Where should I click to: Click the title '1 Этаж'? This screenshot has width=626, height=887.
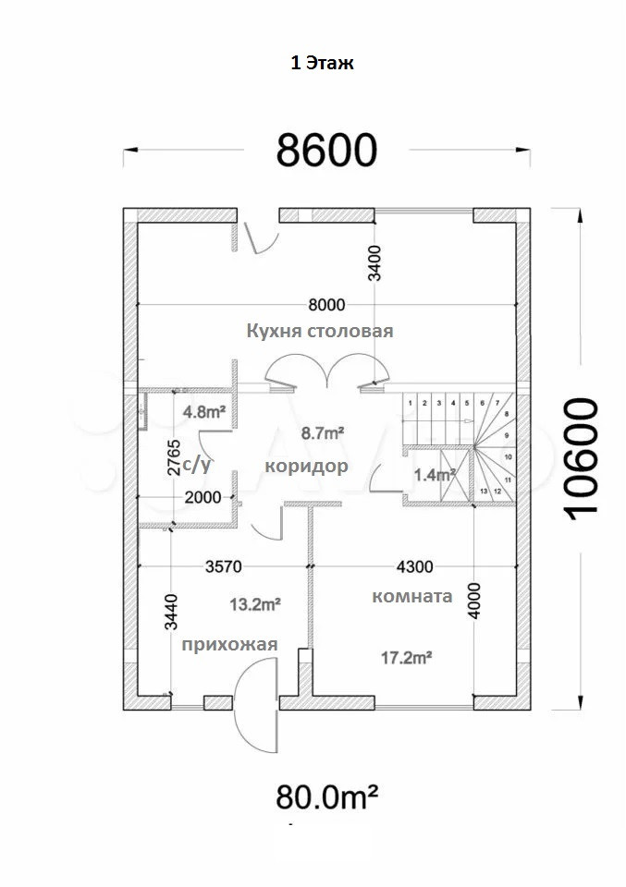pyautogui.click(x=323, y=64)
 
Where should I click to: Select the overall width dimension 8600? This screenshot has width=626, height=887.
pyautogui.click(x=328, y=149)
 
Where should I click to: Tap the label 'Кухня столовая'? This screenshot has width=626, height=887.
pyautogui.click(x=320, y=331)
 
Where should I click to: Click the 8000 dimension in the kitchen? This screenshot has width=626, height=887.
pyautogui.click(x=326, y=304)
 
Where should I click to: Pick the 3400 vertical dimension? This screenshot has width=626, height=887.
pyautogui.click(x=374, y=260)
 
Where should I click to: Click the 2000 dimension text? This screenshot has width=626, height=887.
pyautogui.click(x=203, y=497)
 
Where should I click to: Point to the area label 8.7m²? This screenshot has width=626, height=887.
pyautogui.click(x=324, y=431)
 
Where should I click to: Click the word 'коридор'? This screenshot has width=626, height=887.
pyautogui.click(x=306, y=466)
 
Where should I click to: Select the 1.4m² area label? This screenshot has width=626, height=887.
pyautogui.click(x=435, y=476)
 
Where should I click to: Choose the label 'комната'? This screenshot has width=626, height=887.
pyautogui.click(x=411, y=596)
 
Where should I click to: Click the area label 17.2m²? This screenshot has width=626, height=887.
pyautogui.click(x=408, y=657)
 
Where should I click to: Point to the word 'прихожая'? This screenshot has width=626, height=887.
pyautogui.click(x=229, y=644)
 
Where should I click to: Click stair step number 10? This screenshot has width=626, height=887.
pyautogui.click(x=508, y=456)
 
